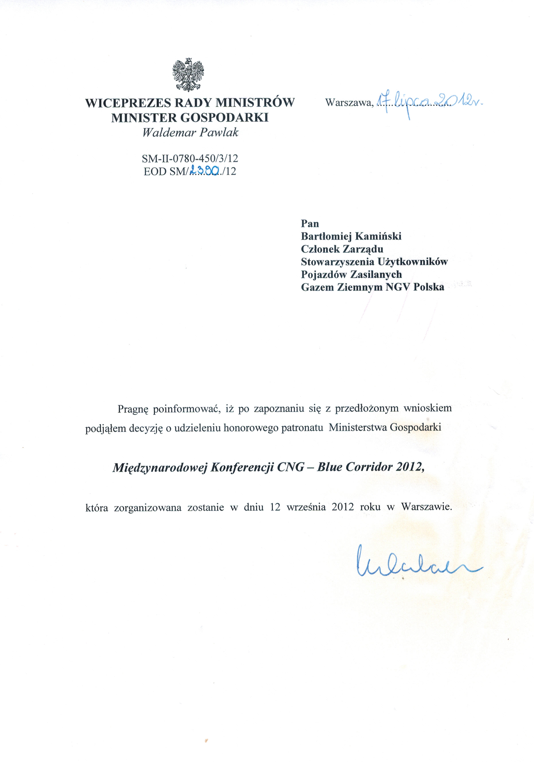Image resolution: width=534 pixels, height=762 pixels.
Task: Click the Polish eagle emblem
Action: point(188,75)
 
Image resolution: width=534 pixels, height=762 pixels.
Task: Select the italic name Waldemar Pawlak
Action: point(190,133)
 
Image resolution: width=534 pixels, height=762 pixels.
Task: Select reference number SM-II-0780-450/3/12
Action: point(190,158)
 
